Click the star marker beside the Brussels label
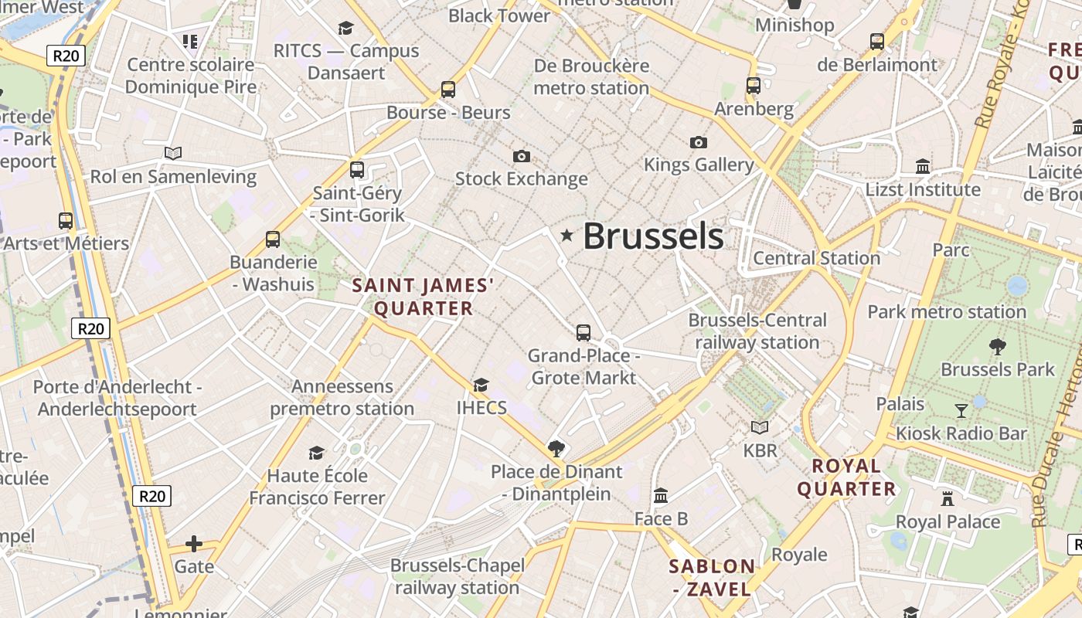point(567,235)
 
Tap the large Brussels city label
point(653,236)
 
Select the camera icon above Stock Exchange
point(522,156)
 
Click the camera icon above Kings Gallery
point(699,142)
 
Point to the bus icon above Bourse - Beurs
point(448,89)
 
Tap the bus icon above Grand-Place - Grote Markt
point(584,333)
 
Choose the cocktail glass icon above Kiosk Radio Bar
point(961,410)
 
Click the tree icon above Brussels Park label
point(998,347)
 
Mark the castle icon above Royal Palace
point(948,498)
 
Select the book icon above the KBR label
point(760,427)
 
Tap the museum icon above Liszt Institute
point(923,166)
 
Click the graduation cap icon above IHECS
point(481,385)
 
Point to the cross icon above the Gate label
point(194,544)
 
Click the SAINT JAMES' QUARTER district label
point(423,297)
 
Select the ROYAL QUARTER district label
point(846,477)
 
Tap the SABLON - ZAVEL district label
point(712,578)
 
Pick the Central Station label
point(816,258)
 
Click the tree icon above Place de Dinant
point(556,448)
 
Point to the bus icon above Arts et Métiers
point(66,221)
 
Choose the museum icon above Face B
point(661,495)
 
